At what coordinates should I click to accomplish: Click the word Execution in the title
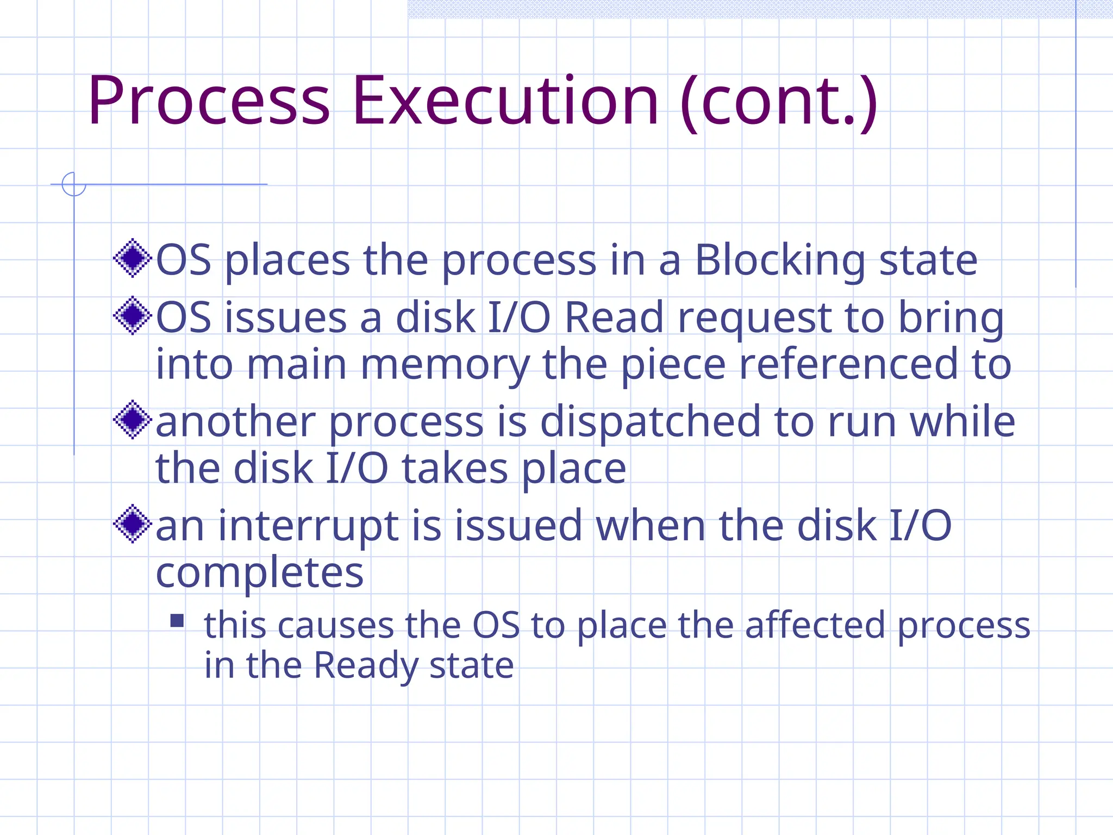pos(505,101)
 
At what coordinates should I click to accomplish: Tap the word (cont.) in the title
pos(778,101)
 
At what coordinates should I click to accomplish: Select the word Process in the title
pos(209,101)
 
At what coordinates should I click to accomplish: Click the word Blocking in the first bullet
pos(780,261)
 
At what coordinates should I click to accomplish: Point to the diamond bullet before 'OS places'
pos(132,258)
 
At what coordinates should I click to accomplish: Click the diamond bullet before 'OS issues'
pos(132,315)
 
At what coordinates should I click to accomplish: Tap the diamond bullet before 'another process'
pos(132,420)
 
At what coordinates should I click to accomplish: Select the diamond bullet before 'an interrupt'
pos(132,524)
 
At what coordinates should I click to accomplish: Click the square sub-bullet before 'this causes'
pos(177,621)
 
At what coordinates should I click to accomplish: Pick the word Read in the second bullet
pos(614,317)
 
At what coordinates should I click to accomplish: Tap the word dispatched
pos(650,422)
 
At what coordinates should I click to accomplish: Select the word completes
pos(260,573)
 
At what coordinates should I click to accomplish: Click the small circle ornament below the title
pos(74,184)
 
